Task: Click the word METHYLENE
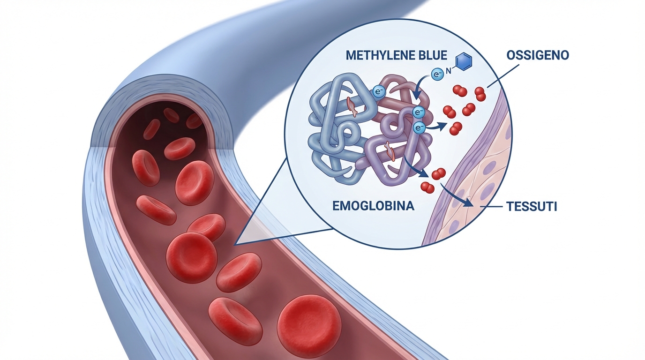coord(377,55)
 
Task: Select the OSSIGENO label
coord(538,55)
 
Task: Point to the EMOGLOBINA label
coord(374,206)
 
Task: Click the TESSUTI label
coord(531,207)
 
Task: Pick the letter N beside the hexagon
coord(449,70)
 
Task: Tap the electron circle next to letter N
coord(437,75)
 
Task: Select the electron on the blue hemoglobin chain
coord(379,91)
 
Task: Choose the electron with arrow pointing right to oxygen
coord(419,127)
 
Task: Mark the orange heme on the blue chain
coord(352,106)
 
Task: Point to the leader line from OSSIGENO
coord(503,76)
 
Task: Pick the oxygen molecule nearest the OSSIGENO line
coord(480,94)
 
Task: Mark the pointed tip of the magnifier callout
coord(235,245)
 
